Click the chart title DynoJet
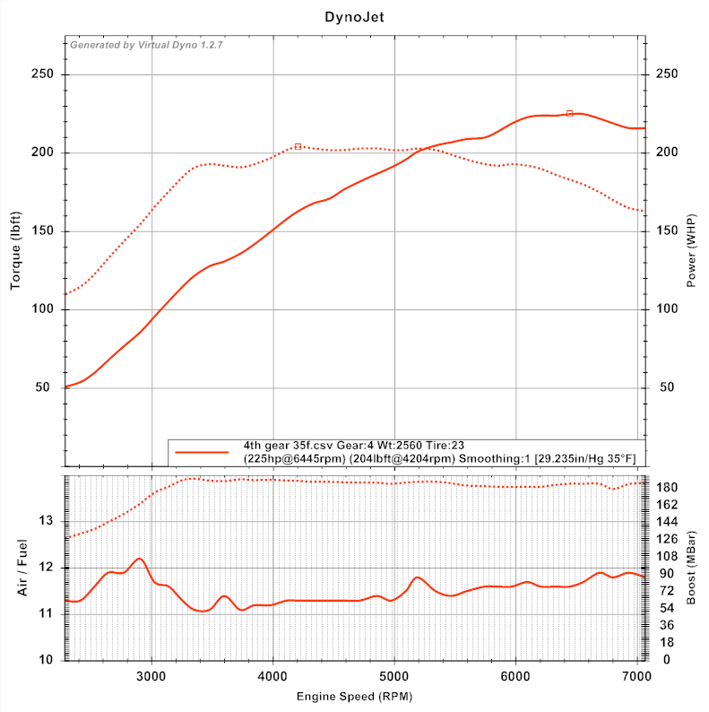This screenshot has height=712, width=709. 354,17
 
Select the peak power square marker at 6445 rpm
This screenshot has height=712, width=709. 569,113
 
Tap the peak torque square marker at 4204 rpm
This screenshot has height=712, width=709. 298,146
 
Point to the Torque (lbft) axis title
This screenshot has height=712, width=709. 15,252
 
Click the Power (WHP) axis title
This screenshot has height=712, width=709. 691,252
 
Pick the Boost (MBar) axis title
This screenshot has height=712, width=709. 691,567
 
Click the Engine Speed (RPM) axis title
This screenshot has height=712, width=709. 354,696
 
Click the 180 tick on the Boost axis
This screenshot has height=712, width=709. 668,487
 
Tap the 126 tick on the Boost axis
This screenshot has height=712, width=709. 668,539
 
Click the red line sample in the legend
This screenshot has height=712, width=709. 203,452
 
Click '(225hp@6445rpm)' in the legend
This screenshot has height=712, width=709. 293,458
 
